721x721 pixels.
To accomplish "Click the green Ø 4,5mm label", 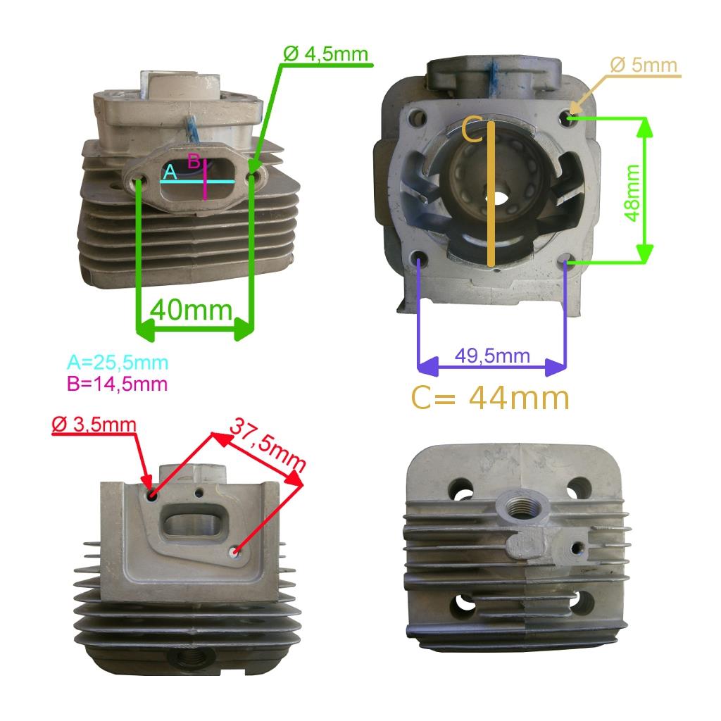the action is point(325,54).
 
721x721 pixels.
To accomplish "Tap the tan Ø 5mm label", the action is point(644,65).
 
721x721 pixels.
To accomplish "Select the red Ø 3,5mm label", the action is point(94,424).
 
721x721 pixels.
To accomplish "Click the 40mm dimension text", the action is point(192,310).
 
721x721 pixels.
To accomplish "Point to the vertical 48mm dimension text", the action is point(633,193).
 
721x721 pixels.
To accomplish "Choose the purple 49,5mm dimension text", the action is point(492,356).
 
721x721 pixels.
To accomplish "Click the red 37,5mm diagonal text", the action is point(267,445).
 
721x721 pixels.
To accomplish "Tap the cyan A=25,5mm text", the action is point(118,363).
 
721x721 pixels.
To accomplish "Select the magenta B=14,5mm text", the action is point(118,384).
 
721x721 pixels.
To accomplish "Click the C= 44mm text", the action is point(490,398).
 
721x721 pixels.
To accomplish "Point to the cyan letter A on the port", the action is point(170,173).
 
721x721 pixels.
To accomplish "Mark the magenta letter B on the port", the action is point(194,161).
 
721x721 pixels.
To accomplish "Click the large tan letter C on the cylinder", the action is point(472,130).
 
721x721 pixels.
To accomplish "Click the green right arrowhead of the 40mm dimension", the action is point(243,330).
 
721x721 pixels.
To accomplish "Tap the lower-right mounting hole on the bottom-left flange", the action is point(236,551).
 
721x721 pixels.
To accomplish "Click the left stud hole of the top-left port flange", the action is point(137,180).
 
